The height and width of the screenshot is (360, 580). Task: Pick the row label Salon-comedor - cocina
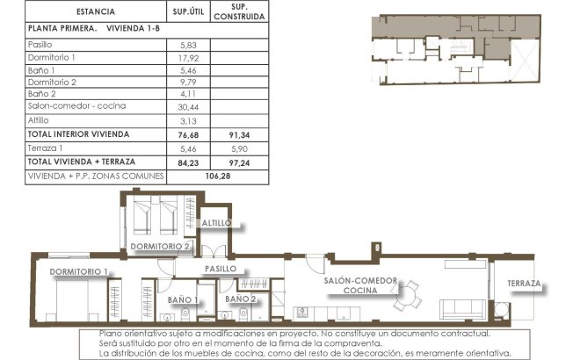[76, 106]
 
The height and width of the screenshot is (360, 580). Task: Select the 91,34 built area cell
[239, 134]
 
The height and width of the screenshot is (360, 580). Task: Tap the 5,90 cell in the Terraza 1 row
[239, 148]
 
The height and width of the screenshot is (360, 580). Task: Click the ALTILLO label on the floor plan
[216, 224]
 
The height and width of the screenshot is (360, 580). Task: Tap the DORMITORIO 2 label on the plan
[162, 247]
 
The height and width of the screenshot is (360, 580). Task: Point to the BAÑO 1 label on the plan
[181, 300]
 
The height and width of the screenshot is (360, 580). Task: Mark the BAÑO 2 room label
[240, 300]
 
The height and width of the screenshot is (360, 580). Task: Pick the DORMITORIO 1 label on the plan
[79, 271]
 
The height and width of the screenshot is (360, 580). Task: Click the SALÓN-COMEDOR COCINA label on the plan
[360, 284]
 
